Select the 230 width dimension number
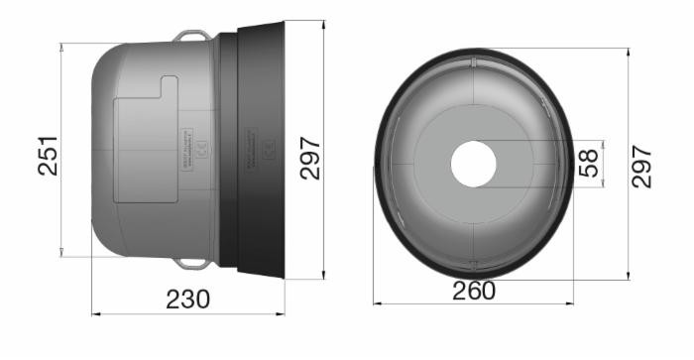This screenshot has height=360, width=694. [x=188, y=298]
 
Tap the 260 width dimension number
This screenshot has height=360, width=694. [x=474, y=291]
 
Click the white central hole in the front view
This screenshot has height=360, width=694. [x=473, y=163]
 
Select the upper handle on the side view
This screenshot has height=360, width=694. [x=193, y=36]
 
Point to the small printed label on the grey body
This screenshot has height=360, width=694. [x=196, y=149]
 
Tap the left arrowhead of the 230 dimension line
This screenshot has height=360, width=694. [x=95, y=314]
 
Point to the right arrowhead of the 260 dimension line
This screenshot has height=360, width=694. [x=571, y=303]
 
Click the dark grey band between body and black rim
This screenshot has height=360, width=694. [x=227, y=149]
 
